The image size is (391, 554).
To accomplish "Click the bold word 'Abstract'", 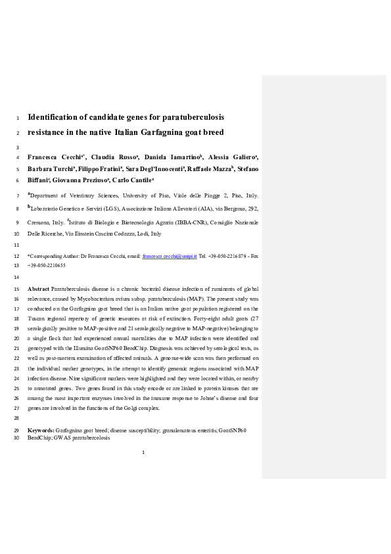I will click(x=38, y=289).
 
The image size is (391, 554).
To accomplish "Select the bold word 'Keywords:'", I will click(x=41, y=430).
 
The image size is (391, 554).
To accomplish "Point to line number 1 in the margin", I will click(x=16, y=118).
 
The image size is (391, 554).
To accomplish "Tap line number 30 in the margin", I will click(x=16, y=438).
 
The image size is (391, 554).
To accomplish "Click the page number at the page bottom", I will click(x=143, y=452).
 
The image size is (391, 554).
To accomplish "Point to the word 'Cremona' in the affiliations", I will click(x=39, y=222).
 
